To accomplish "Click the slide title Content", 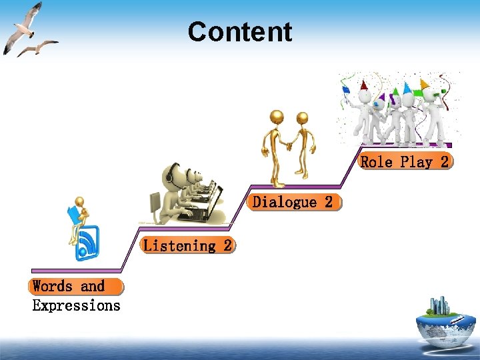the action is (x=240, y=32).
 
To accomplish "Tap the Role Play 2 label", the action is (x=405, y=162).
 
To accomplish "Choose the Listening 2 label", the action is (x=188, y=245).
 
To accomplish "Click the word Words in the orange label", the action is (x=53, y=287).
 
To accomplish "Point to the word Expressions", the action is (x=76, y=306).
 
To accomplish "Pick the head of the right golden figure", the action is (x=302, y=119).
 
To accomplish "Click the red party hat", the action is (x=363, y=85).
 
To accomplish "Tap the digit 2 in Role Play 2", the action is (x=444, y=162).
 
